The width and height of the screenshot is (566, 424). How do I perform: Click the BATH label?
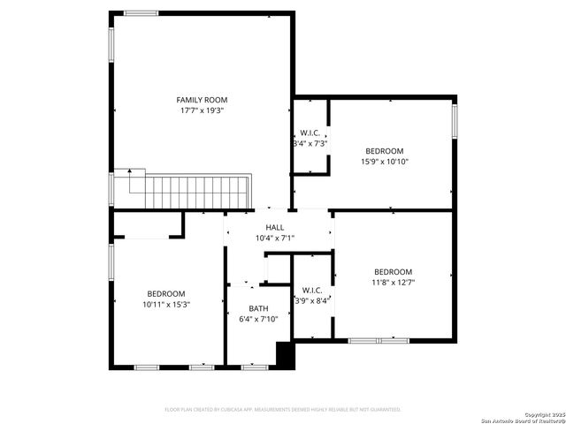258,308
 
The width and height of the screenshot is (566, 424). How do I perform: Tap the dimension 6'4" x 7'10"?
258,320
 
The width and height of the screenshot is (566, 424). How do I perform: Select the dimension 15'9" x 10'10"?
384,162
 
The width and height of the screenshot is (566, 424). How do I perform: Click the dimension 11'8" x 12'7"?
393,283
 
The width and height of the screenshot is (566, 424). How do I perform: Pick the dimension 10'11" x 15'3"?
166,305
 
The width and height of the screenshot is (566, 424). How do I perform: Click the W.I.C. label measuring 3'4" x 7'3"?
310,132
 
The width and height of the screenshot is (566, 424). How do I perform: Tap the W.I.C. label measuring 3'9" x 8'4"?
312,289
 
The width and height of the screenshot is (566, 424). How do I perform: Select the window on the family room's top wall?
141,12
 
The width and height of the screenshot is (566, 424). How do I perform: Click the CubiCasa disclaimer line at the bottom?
283,409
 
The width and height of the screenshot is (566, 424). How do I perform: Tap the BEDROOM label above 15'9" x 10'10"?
384,150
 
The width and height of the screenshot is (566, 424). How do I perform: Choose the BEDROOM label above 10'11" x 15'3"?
166,293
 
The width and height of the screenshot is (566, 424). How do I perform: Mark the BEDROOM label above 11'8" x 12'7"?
393,271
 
